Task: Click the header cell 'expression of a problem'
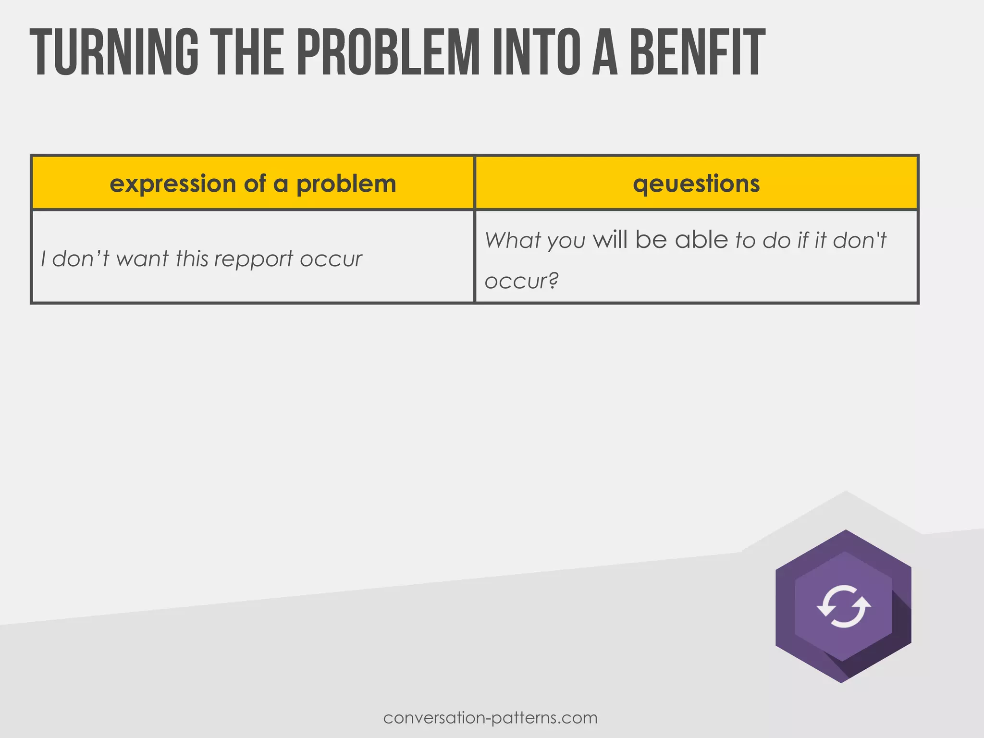pos(253,184)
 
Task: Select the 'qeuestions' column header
pos(696,184)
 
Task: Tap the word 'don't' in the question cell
pos(860,240)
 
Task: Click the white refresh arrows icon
pos(844,606)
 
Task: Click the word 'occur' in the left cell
pos(331,259)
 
